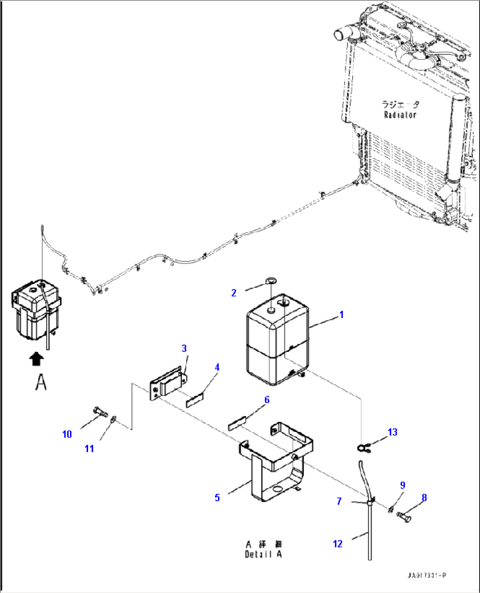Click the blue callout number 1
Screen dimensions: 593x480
tap(341, 315)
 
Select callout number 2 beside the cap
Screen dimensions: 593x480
tap(234, 293)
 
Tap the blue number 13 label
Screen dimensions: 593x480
tap(392, 432)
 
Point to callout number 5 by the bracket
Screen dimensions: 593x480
tap(217, 498)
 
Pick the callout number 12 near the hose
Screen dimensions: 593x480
tap(338, 544)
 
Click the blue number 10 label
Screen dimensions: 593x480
tap(67, 435)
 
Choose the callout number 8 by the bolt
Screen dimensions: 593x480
tap(424, 498)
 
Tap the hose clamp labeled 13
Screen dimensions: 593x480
tap(362, 448)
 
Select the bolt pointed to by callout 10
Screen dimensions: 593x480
tap(100, 413)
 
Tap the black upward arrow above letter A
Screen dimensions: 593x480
tap(37, 359)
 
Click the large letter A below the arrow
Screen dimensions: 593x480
tap(41, 382)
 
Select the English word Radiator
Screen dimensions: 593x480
tap(400, 115)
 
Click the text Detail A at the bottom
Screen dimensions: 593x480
tap(263, 555)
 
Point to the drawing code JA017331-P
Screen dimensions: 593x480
tap(426, 575)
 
